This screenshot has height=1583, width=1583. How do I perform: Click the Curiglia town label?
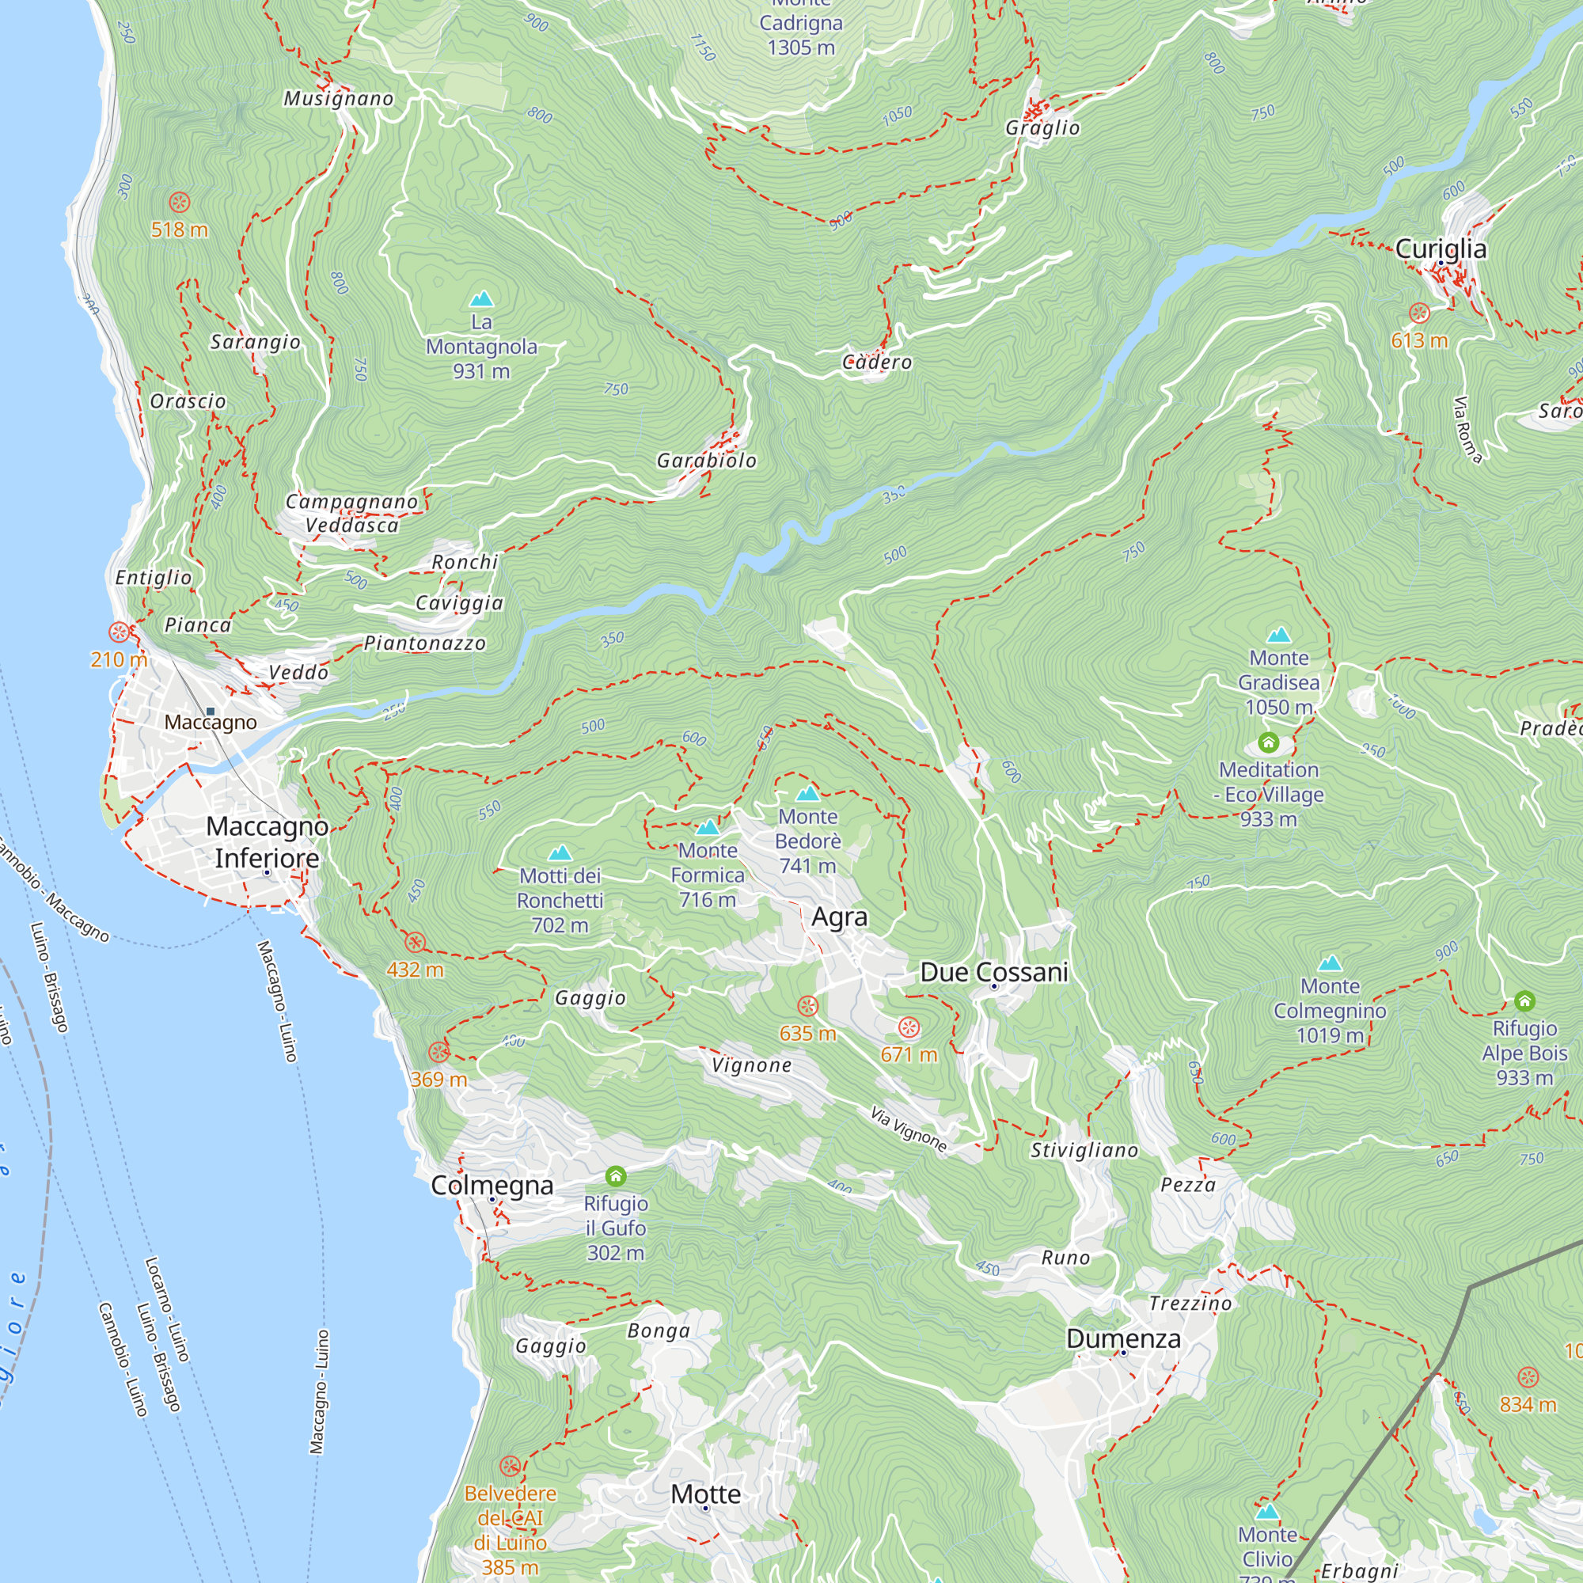click(x=1441, y=249)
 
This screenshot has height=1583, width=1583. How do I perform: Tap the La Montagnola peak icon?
click(x=482, y=299)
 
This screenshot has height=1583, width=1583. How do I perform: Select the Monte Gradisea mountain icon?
click(x=1279, y=635)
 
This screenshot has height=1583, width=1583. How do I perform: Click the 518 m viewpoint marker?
click(x=180, y=203)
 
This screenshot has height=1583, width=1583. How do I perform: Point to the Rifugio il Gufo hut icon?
click(x=616, y=1178)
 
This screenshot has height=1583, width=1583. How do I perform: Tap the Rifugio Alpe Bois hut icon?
click(x=1524, y=1001)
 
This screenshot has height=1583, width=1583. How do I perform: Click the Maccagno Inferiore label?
click(x=267, y=842)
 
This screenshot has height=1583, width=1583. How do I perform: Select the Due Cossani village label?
click(x=994, y=973)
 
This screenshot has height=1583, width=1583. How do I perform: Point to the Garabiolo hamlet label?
click(x=706, y=461)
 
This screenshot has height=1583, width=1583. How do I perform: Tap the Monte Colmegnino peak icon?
click(x=1330, y=962)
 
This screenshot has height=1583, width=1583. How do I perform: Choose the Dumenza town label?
click(x=1123, y=1339)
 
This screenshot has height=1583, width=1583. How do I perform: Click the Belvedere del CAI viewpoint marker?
click(x=510, y=1466)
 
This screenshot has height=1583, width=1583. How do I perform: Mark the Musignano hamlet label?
click(x=339, y=99)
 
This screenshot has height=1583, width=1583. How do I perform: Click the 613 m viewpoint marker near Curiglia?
click(x=1419, y=313)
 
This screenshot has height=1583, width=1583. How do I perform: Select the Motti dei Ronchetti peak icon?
click(x=560, y=853)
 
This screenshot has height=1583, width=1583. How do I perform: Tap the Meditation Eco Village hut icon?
click(x=1268, y=743)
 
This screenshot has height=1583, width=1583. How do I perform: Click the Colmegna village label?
click(x=492, y=1186)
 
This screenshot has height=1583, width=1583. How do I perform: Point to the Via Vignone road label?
click(x=909, y=1129)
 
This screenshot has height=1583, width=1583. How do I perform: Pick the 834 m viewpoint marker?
click(x=1528, y=1377)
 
